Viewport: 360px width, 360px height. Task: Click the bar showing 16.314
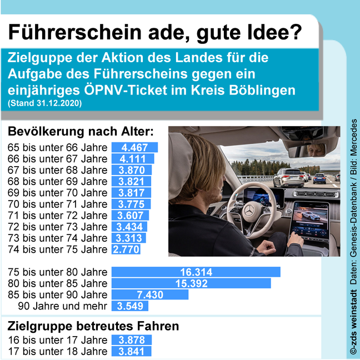(196, 272)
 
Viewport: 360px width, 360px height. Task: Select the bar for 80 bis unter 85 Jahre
(191, 283)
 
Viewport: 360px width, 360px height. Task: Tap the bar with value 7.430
(150, 294)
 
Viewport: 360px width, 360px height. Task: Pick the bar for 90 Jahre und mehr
(130, 306)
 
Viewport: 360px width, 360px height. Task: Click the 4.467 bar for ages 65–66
(135, 147)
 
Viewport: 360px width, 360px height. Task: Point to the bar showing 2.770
(126, 249)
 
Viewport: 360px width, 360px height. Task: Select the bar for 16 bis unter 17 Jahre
(132, 340)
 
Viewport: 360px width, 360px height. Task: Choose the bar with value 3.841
(131, 351)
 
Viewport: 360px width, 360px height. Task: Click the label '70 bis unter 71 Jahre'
(57, 204)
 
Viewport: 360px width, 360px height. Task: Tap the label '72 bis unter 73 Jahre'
(57, 227)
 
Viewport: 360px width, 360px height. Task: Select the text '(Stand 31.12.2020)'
(45, 103)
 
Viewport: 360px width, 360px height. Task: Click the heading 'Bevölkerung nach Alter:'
(81, 132)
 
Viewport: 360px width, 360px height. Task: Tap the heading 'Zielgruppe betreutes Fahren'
(93, 326)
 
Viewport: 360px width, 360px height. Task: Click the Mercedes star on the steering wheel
(249, 211)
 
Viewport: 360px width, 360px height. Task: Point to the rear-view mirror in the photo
(307, 149)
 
